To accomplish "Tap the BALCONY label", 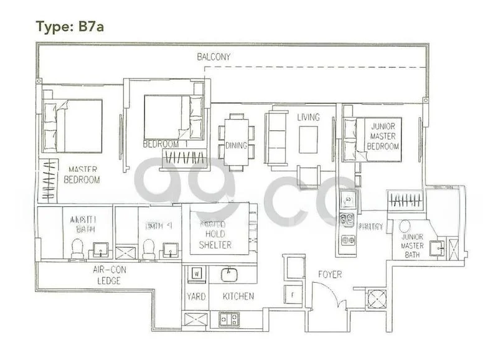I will pyautogui.click(x=214, y=57).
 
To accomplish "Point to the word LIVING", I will pyautogui.click(x=308, y=117).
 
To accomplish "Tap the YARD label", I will pyautogui.click(x=196, y=296).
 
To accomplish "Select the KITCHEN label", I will pyautogui.click(x=238, y=296).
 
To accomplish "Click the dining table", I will pyautogui.click(x=236, y=142).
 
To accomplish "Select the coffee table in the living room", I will pyautogui.click(x=308, y=140).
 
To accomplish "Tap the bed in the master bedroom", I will pyautogui.click(x=72, y=126).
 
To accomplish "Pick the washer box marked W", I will pyautogui.click(x=196, y=272).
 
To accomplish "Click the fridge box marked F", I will pyautogui.click(x=293, y=293).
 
